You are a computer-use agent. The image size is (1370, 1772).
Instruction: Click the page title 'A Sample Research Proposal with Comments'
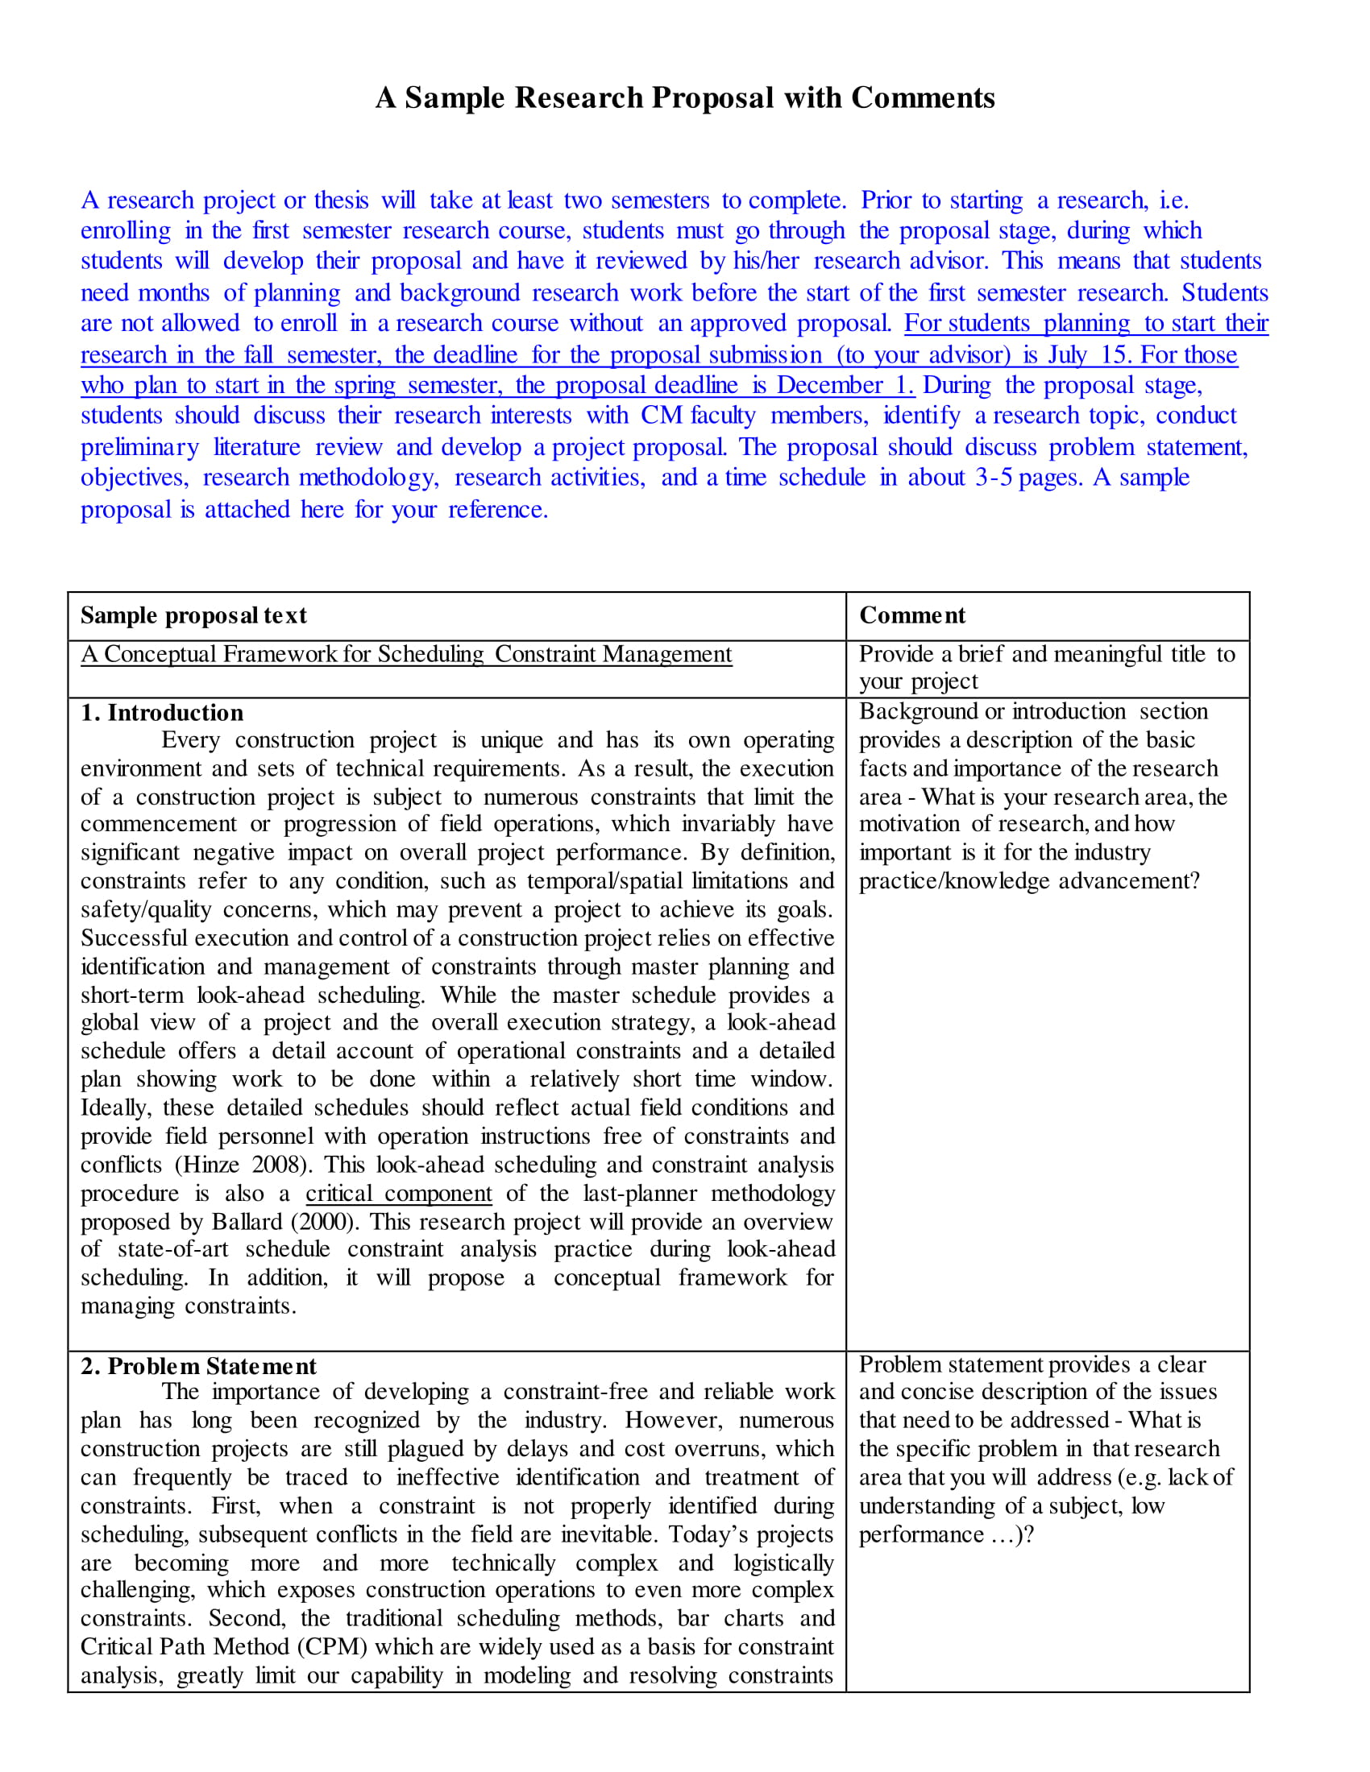(684, 98)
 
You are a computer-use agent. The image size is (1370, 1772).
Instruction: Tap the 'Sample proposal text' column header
(193, 616)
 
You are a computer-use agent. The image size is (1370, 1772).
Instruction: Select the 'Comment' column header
(911, 616)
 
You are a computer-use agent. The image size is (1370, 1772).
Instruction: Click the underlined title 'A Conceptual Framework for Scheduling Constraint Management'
(406, 654)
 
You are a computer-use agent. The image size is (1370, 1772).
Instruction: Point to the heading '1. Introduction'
(161, 712)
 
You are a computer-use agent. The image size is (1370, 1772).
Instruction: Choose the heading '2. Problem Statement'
(198, 1365)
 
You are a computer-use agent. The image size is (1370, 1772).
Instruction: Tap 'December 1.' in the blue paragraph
(845, 384)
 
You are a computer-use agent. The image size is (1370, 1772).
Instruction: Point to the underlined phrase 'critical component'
(398, 1194)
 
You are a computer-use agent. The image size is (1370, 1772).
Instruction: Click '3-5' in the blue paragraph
(994, 477)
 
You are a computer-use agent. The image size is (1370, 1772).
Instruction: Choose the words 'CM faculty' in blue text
(697, 416)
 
